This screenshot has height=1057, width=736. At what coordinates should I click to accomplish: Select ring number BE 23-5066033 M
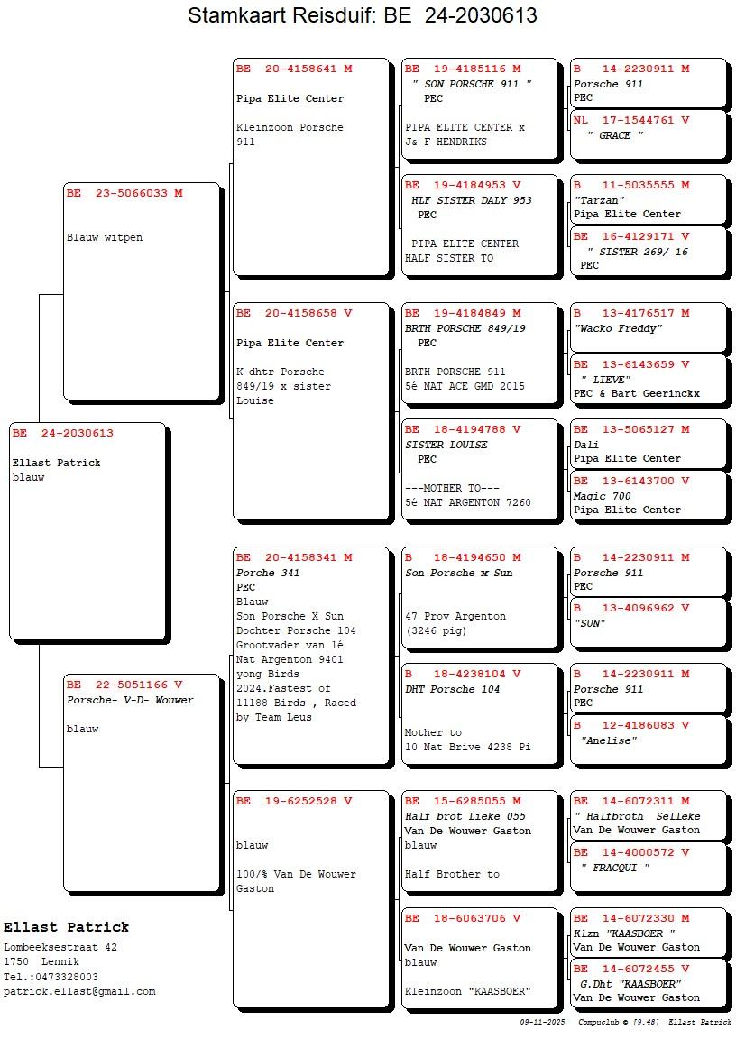click(x=124, y=193)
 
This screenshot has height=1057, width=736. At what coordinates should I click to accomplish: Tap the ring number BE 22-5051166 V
click(x=124, y=685)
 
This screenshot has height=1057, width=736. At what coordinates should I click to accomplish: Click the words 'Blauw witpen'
click(x=105, y=238)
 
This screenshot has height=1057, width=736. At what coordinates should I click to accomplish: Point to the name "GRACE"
click(x=615, y=135)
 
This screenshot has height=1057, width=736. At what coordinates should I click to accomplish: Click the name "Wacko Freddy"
click(x=618, y=328)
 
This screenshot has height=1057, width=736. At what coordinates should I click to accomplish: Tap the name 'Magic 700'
click(x=602, y=496)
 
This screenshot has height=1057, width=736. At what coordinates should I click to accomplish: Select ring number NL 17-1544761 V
click(x=631, y=120)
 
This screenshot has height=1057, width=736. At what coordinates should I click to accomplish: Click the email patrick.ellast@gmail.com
click(x=79, y=991)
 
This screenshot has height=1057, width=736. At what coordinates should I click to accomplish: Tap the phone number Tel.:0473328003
click(x=51, y=977)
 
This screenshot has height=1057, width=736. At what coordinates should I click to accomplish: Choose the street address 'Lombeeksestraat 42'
click(x=60, y=947)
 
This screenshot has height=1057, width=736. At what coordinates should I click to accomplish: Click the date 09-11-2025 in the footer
click(x=542, y=1022)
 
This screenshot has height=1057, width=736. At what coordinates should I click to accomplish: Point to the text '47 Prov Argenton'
click(x=455, y=617)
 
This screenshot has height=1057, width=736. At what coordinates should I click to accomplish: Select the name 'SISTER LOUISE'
click(x=446, y=445)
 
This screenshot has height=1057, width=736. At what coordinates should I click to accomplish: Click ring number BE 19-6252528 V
click(x=294, y=801)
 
